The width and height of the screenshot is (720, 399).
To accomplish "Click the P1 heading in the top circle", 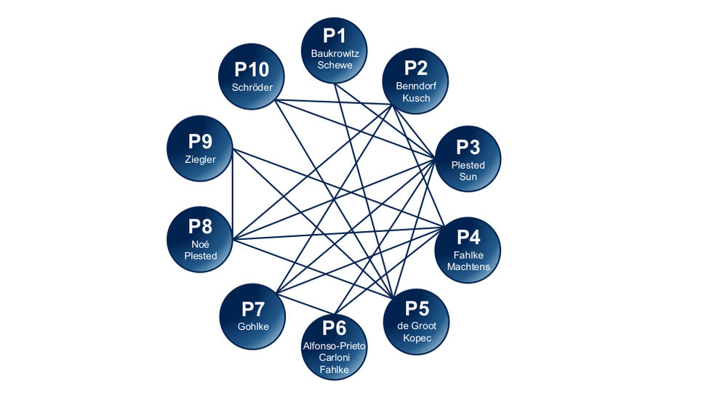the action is [335, 36].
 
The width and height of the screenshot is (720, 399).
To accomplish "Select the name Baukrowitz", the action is [335, 53].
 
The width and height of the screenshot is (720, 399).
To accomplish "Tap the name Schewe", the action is [335, 65].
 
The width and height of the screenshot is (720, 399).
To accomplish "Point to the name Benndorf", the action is [416, 86].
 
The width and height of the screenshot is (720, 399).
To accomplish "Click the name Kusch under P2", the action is [416, 98].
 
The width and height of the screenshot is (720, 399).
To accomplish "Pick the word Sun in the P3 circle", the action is [468, 177].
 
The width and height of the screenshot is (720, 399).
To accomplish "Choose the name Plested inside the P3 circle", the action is [468, 165].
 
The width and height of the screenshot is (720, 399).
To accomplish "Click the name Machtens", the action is [468, 267].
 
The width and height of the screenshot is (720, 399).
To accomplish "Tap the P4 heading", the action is [468, 237].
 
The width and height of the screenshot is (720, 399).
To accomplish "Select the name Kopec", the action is [417, 338].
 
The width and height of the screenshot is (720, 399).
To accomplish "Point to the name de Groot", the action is [417, 326].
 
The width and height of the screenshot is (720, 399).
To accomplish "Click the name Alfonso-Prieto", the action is [335, 346].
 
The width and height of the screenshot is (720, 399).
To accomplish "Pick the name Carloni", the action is [335, 358].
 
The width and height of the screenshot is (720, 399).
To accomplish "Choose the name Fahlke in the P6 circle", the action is [335, 370].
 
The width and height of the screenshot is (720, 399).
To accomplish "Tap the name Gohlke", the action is [253, 326].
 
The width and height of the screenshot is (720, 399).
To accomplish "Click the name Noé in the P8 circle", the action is [200, 244].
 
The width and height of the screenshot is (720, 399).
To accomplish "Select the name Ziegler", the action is [200, 160].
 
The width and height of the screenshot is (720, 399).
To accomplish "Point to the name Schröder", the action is [252, 88].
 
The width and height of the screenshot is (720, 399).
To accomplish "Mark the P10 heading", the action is [252, 70].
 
